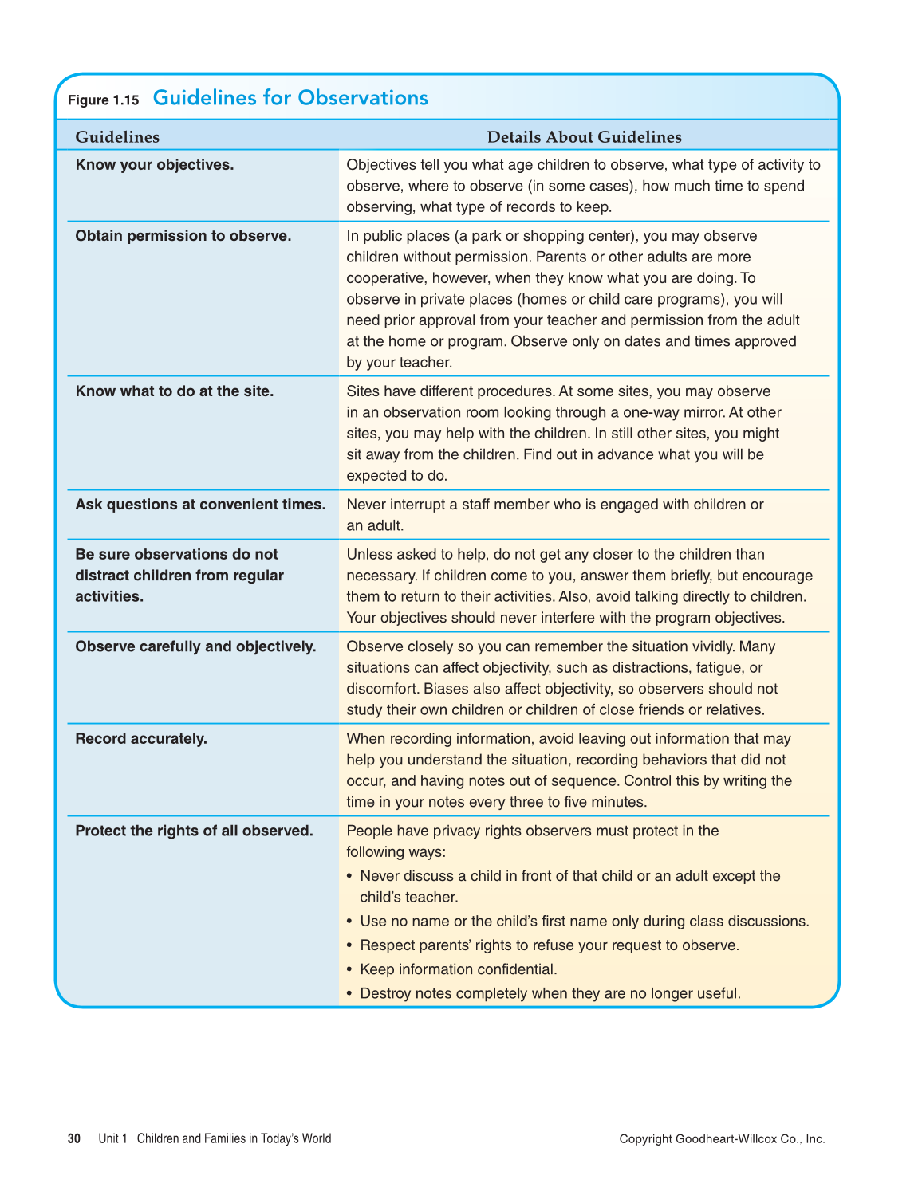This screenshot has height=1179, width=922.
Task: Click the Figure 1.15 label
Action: pyautogui.click(x=103, y=100)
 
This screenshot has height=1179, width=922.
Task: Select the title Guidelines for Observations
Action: pyautogui.click(x=290, y=98)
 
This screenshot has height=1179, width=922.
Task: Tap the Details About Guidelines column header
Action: pyautogui.click(x=584, y=137)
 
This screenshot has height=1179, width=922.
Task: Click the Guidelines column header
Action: pyautogui.click(x=117, y=137)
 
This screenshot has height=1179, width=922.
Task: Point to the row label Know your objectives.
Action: pyautogui.click(x=155, y=165)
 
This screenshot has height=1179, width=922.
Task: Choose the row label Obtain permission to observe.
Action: pyautogui.click(x=183, y=236)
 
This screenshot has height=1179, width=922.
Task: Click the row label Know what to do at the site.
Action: pyautogui.click(x=175, y=391)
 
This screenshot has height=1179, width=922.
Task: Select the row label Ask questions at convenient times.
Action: pyautogui.click(x=200, y=505)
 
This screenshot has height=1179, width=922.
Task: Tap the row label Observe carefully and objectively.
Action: pyautogui.click(x=195, y=646)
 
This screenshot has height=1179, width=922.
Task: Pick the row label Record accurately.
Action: pyautogui.click(x=141, y=739)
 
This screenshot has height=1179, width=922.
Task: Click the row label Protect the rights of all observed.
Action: pyautogui.click(x=194, y=831)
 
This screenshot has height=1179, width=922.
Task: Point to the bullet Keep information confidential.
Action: pyautogui.click(x=458, y=969)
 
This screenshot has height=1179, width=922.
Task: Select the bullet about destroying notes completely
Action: pyautogui.click(x=550, y=993)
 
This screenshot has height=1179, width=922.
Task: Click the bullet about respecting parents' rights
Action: pyautogui.click(x=550, y=945)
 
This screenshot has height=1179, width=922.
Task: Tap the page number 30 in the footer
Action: pyautogui.click(x=74, y=1138)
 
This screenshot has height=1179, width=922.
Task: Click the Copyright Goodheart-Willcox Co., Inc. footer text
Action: pyautogui.click(x=722, y=1139)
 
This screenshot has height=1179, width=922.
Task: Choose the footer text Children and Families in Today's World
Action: pyautogui.click(x=234, y=1138)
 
